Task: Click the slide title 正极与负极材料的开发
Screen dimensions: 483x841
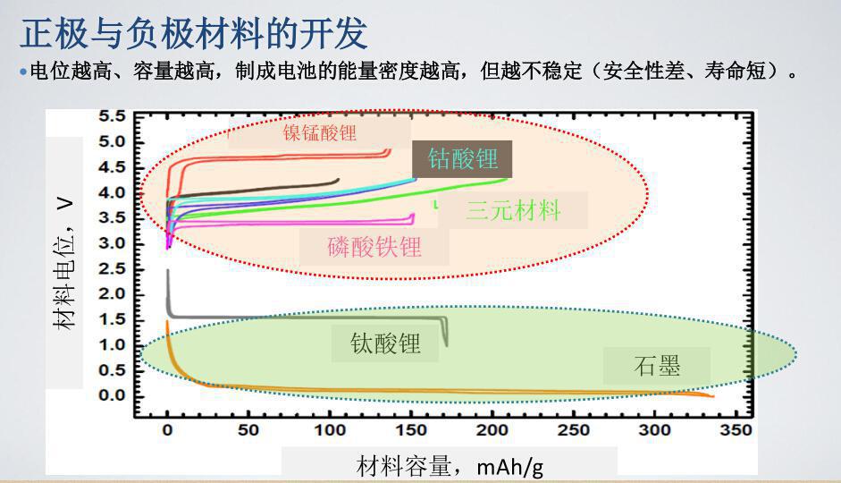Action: (x=193, y=33)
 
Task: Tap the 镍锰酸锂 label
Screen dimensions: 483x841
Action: (x=320, y=133)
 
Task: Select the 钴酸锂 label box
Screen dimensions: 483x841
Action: (x=462, y=160)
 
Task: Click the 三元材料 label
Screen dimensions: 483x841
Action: (x=513, y=211)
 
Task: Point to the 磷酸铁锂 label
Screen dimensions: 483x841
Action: (x=374, y=246)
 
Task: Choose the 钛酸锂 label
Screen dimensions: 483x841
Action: (x=385, y=343)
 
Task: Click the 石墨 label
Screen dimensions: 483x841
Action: (x=657, y=365)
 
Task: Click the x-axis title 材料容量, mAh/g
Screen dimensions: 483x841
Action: (x=450, y=466)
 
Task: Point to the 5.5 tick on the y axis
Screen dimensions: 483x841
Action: (x=113, y=117)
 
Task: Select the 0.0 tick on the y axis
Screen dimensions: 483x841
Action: (x=113, y=396)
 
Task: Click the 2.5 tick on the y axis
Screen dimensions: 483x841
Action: (x=113, y=269)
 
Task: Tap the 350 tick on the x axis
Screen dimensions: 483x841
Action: (x=736, y=431)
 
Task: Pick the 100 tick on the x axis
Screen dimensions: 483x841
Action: (x=330, y=431)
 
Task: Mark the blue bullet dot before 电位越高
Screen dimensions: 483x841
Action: (x=23, y=72)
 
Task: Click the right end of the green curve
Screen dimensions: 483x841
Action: (x=506, y=180)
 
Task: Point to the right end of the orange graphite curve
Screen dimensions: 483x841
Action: (x=711, y=395)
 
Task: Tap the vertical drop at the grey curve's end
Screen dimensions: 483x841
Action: (x=445, y=334)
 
